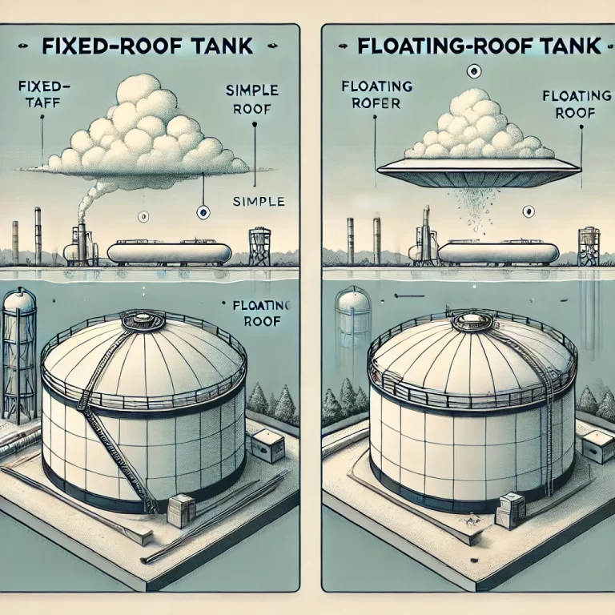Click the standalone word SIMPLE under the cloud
point(258,202)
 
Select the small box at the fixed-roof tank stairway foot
point(181,510)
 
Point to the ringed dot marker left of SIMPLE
point(203,212)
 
